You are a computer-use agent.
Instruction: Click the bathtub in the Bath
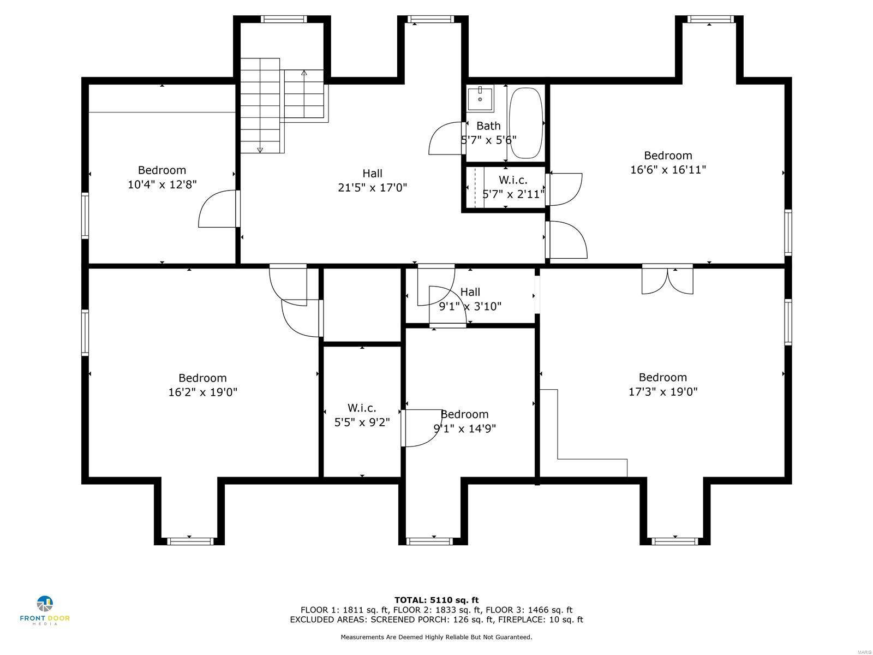pos(526,123)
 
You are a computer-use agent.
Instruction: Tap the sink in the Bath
pos(480,99)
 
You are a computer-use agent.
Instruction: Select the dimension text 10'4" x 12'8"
pos(162,184)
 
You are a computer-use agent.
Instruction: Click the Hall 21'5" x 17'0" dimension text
pos(372,188)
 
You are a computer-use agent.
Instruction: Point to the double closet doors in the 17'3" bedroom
pos(667,281)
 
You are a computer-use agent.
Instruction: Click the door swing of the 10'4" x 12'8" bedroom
pos(217,210)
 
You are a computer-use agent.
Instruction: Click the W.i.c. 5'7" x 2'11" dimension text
pos(513,194)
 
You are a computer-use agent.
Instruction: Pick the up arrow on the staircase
pos(304,73)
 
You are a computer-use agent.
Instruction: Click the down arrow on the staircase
pos(260,149)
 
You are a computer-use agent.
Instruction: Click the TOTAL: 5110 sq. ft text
pos(436,600)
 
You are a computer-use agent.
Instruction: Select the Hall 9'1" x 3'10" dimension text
pos(470,306)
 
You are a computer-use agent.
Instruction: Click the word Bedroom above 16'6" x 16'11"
pos(668,156)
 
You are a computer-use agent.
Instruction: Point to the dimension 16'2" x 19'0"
pos(202,392)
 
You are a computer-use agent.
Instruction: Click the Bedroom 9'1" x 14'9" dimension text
pos(464,428)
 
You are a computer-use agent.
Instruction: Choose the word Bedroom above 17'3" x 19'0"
pos(662,377)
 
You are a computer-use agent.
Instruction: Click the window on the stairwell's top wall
pos(284,19)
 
